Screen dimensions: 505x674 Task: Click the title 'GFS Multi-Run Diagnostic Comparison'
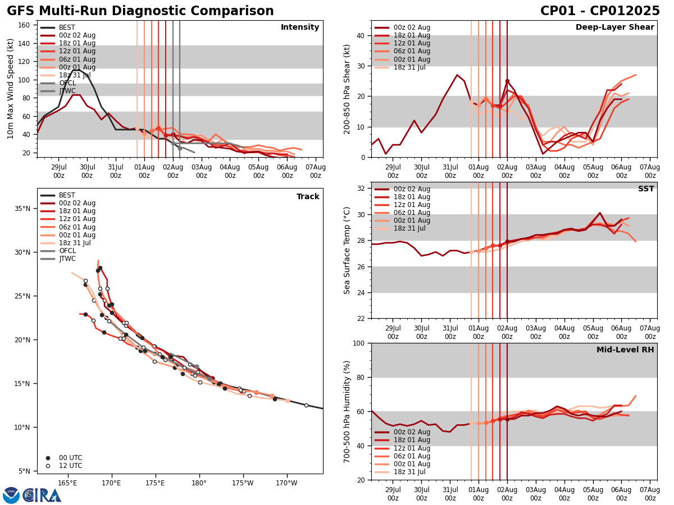coord(140,11)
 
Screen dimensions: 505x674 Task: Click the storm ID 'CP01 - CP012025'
coord(600,11)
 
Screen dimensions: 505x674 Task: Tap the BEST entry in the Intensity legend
coord(67,27)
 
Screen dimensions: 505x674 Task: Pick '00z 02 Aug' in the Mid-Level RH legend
coord(411,432)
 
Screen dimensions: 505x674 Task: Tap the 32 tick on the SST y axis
coord(361,188)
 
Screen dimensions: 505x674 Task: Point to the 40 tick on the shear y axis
coord(361,35)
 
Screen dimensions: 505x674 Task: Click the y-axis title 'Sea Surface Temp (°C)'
coord(348,250)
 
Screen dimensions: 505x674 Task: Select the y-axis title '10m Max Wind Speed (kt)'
coord(11,89)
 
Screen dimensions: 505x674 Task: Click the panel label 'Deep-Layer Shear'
coord(614,27)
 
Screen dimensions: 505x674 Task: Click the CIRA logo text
coord(42,495)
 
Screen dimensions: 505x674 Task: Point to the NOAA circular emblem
coord(11,495)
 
